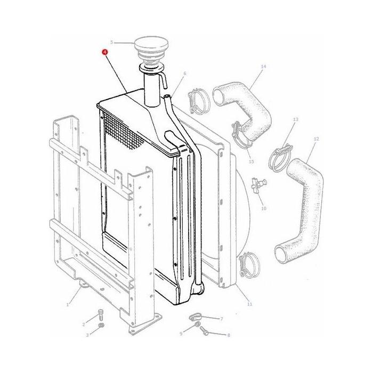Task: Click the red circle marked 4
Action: point(105,52)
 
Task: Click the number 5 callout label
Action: point(111,42)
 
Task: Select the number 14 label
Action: point(263,67)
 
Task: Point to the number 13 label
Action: point(295,120)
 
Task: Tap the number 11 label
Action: point(250,304)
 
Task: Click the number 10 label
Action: point(263,208)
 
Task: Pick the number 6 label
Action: point(184,73)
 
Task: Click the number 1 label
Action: point(68,305)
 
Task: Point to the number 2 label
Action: point(83,324)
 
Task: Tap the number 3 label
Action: point(87,335)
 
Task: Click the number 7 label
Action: point(221,318)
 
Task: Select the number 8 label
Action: point(228,335)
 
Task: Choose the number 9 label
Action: point(181,333)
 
